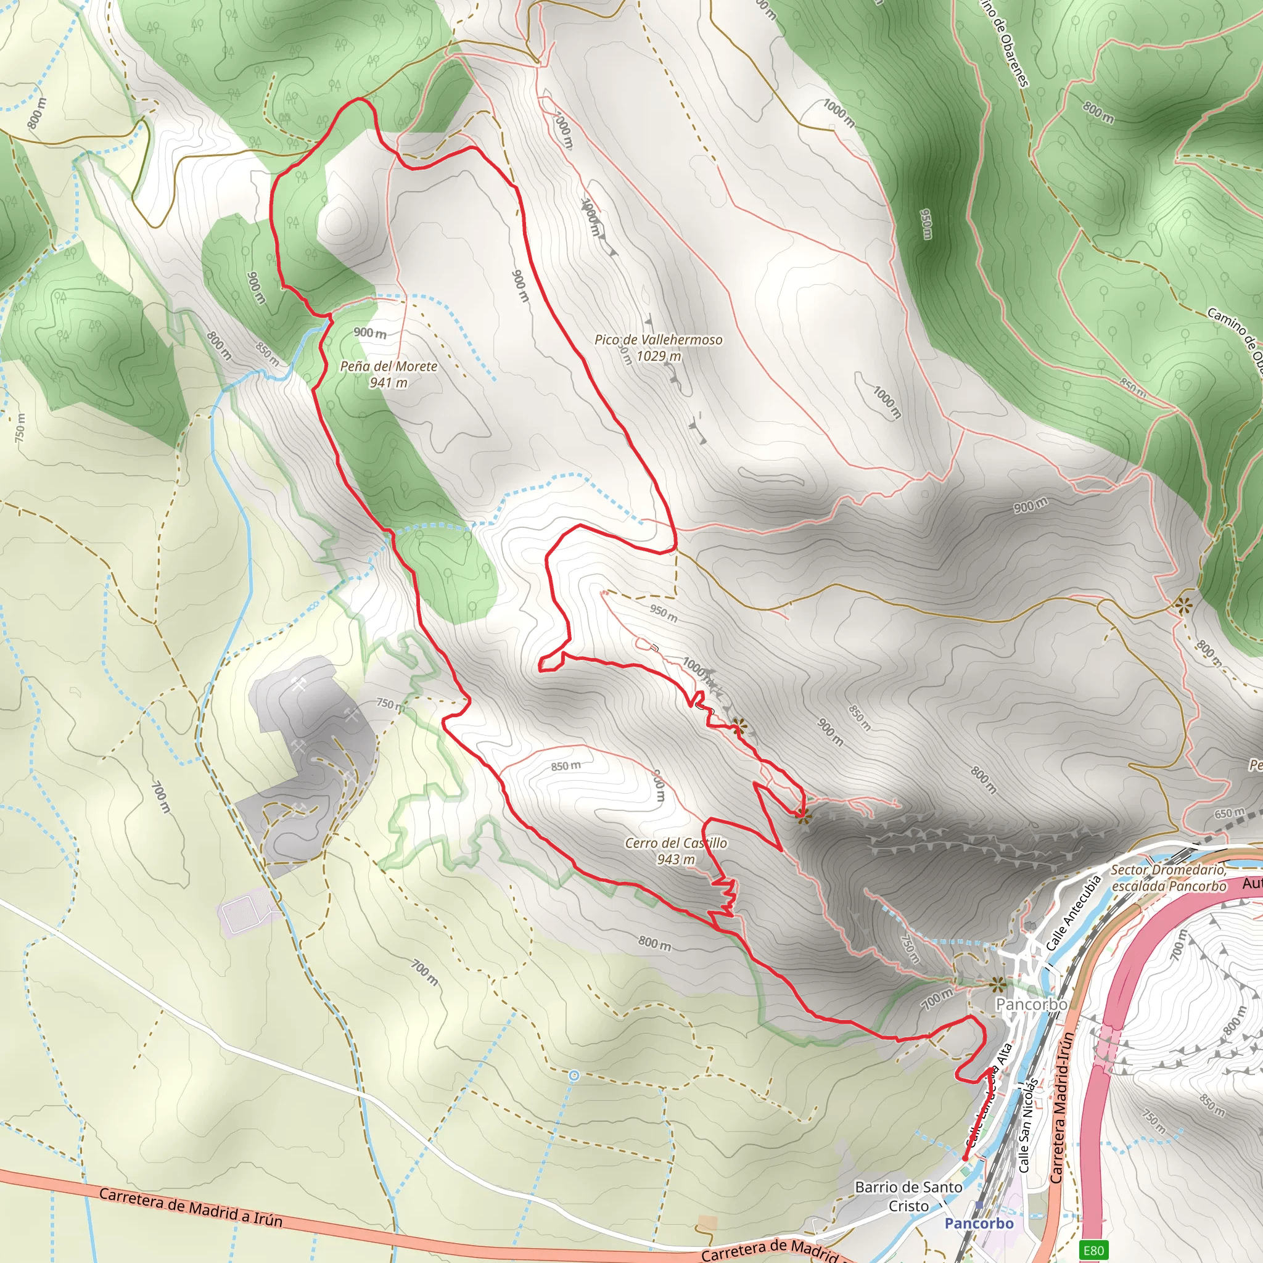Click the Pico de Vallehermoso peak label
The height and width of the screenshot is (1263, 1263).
(x=657, y=340)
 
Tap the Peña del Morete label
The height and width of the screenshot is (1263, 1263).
(x=389, y=366)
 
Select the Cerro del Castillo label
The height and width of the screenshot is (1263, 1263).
(x=675, y=843)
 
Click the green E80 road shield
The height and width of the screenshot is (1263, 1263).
(x=1093, y=1251)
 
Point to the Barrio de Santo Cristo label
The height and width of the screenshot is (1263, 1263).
(x=908, y=1196)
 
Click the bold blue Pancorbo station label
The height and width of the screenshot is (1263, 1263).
(x=979, y=1223)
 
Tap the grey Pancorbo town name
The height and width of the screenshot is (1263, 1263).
(x=1031, y=1004)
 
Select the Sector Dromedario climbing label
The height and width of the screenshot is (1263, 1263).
(x=1168, y=878)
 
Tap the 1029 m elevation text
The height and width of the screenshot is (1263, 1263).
(x=658, y=356)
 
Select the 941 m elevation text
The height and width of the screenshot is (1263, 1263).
(x=389, y=382)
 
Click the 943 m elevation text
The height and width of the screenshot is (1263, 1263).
(x=675, y=859)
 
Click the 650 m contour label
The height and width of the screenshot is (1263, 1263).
(x=1229, y=814)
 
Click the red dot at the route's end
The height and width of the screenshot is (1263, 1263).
(x=965, y=1159)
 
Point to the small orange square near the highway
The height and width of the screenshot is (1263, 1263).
(x=707, y=1222)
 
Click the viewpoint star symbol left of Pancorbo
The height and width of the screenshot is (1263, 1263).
(x=997, y=984)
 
